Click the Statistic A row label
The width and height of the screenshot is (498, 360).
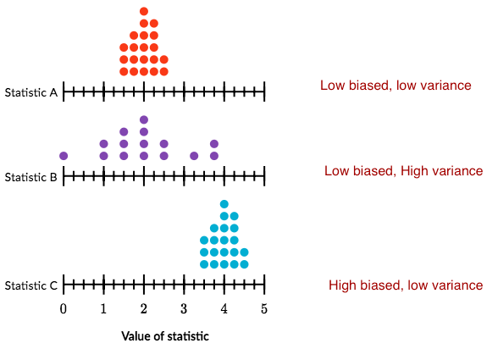point(30,91)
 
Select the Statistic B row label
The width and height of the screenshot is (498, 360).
point(30,177)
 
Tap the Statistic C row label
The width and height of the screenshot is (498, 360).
point(30,285)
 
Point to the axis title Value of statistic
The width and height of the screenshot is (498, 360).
point(164,336)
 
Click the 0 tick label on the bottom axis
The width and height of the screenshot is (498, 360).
point(64,309)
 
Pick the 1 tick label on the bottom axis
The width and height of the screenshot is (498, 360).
point(103,309)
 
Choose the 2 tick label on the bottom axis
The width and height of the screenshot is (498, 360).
point(144,309)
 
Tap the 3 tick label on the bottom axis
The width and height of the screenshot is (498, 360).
point(184,309)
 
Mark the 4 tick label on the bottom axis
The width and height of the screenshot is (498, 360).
point(224,309)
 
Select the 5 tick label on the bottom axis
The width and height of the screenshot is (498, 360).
point(264,309)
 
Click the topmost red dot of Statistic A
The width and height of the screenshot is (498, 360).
point(144,12)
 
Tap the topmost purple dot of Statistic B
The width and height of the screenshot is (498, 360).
point(144,119)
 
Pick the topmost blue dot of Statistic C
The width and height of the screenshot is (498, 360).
point(224,204)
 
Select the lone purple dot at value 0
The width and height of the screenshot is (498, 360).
point(64,156)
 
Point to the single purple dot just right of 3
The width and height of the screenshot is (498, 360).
point(194,156)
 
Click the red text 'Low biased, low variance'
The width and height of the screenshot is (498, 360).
point(395,86)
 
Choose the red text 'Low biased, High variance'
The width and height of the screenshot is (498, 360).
point(403,171)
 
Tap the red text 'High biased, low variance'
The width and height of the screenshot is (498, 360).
point(406,285)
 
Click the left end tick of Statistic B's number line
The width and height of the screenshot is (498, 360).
point(64,176)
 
